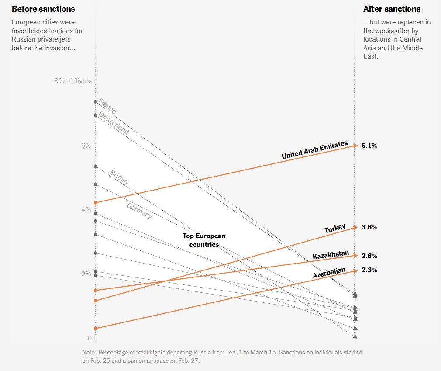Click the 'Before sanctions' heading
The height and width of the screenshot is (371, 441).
(x=43, y=9)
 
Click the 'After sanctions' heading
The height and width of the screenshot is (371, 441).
(x=392, y=9)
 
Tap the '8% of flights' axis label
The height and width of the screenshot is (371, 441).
(x=73, y=81)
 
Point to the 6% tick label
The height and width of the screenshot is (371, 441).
(x=86, y=146)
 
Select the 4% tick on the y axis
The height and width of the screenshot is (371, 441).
(x=86, y=210)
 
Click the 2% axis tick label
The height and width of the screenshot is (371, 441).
(x=86, y=274)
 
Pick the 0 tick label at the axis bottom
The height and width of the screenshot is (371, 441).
(x=90, y=338)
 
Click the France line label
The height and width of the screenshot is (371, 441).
(x=107, y=106)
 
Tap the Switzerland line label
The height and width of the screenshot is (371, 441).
(x=114, y=123)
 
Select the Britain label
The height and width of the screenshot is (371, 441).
(x=119, y=177)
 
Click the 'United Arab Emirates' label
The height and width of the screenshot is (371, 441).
(x=314, y=150)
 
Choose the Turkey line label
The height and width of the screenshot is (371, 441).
(x=335, y=229)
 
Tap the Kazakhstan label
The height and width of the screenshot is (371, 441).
(x=331, y=256)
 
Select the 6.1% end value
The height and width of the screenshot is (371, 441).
(x=369, y=146)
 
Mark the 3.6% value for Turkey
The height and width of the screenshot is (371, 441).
(x=369, y=227)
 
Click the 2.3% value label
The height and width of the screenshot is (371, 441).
(x=369, y=270)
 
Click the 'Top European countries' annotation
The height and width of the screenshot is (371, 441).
(x=204, y=240)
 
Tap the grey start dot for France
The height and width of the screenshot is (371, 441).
(x=96, y=102)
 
